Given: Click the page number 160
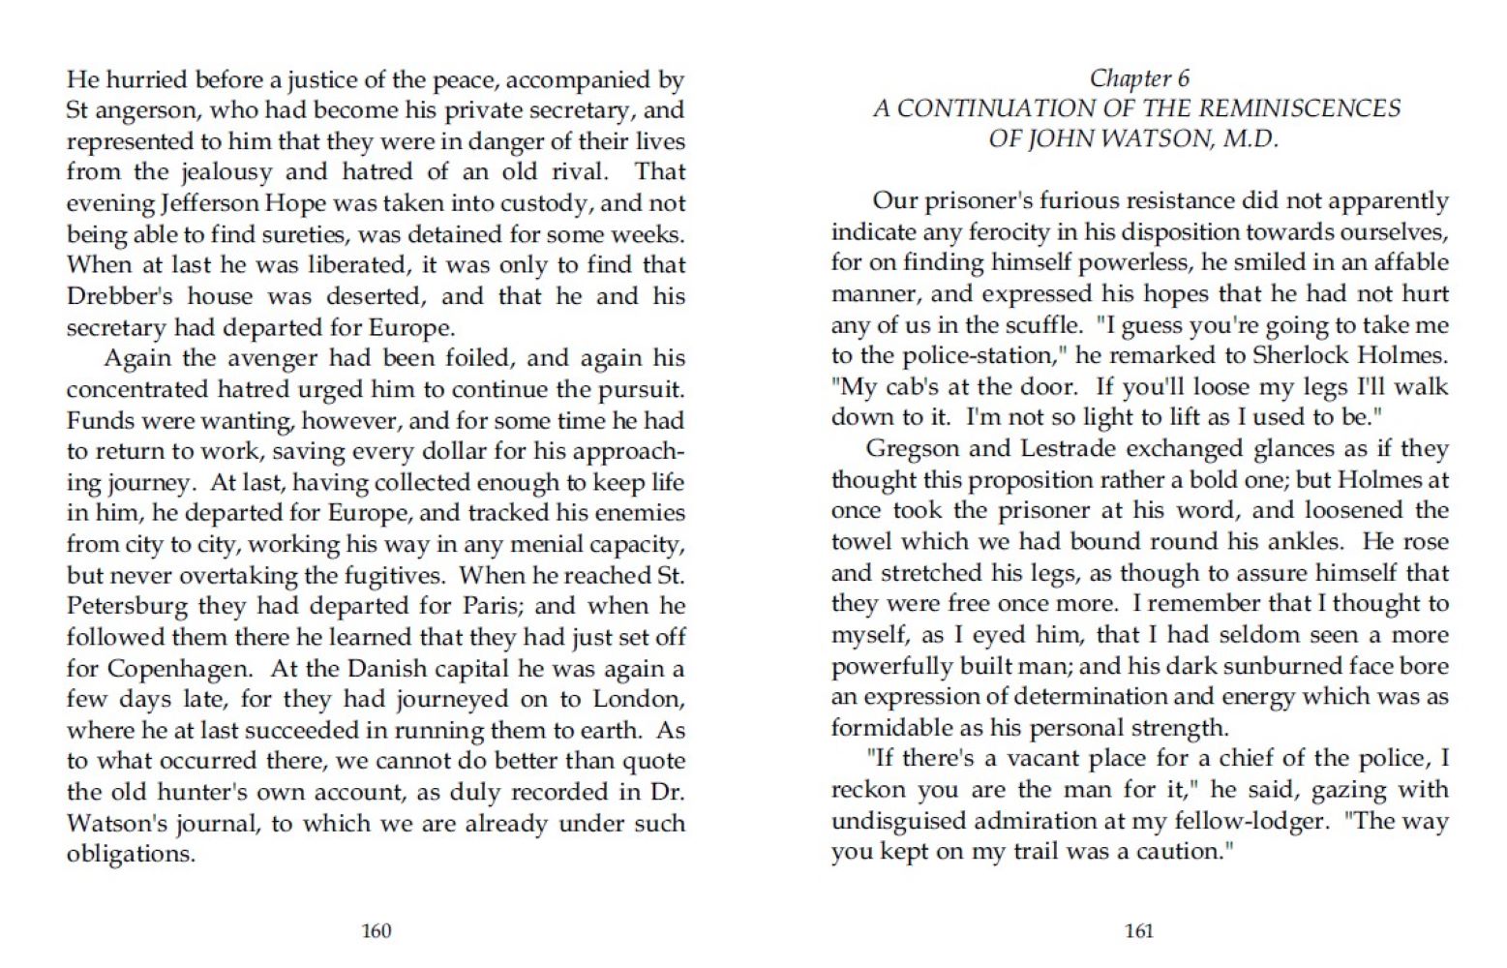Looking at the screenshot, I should point(376,931).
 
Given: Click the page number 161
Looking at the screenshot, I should point(1139,931).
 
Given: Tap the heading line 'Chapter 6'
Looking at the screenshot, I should point(1139,78).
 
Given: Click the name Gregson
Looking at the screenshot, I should point(909,449).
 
